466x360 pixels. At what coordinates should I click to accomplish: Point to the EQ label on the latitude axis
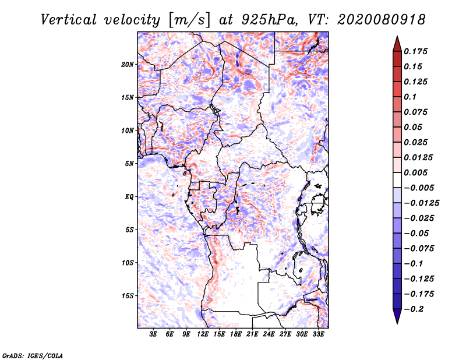coord(130,197)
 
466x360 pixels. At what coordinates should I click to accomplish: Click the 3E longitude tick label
coord(154,335)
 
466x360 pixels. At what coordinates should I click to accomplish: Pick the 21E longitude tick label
coord(252,335)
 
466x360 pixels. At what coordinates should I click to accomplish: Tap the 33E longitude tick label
coord(318,335)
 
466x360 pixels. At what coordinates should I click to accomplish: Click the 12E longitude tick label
coord(203,335)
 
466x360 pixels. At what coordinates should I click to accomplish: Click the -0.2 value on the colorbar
coord(414,309)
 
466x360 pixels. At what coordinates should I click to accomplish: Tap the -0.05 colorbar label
coord(416,233)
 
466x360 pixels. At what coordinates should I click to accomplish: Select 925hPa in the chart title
coord(276,20)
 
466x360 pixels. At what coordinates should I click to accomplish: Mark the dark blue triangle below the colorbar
coord(397,317)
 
